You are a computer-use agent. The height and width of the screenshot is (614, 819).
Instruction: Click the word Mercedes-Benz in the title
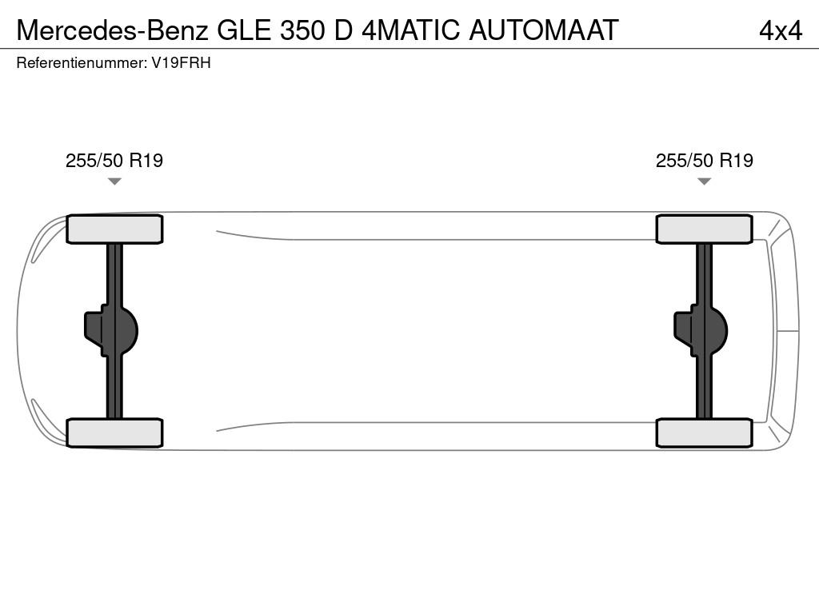point(112,30)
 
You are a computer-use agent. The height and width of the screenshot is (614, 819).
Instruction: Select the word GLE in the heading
point(244,30)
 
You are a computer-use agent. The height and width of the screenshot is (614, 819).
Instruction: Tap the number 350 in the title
point(302,30)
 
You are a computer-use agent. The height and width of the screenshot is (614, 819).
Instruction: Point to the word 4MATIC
point(410,30)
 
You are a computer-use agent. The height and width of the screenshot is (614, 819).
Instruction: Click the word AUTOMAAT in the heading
point(544,30)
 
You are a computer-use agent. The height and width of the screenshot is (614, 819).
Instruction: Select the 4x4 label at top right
point(781,31)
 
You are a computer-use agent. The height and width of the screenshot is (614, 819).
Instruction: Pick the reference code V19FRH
point(182,62)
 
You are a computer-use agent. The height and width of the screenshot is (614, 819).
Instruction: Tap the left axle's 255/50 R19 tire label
point(114,160)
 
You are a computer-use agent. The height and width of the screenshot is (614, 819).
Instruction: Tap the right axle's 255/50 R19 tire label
point(705,160)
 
